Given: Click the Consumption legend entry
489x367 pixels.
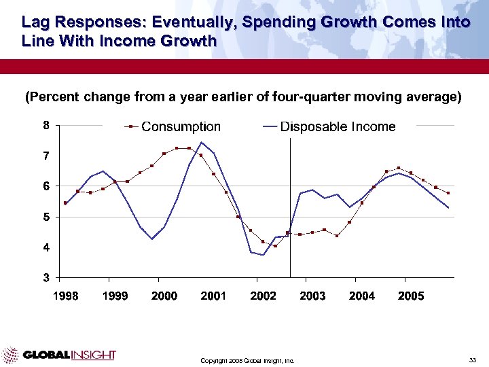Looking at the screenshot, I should [180, 127].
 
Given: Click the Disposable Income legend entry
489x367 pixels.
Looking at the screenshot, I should [338, 127].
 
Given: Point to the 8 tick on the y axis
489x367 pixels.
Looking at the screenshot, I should [46, 126].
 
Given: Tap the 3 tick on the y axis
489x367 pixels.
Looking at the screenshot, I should [46, 277].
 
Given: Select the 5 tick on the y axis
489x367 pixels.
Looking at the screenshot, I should [46, 217].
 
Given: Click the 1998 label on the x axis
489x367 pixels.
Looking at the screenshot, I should [66, 296].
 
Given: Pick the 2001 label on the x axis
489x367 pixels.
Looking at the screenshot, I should [214, 296].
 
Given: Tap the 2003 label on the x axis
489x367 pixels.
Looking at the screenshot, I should [312, 296].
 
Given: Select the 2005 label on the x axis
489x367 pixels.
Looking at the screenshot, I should [411, 296].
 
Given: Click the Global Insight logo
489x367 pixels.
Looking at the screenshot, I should [59, 355].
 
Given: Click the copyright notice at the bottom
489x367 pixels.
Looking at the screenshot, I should [247, 360].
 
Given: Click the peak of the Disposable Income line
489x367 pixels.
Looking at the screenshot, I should [202, 142].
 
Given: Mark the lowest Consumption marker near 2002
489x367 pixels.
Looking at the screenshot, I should [275, 246].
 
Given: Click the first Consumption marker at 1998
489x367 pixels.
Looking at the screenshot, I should [65, 203].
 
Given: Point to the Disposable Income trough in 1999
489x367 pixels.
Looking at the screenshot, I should [152, 239].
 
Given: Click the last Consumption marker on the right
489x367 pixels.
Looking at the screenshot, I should [448, 193].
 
